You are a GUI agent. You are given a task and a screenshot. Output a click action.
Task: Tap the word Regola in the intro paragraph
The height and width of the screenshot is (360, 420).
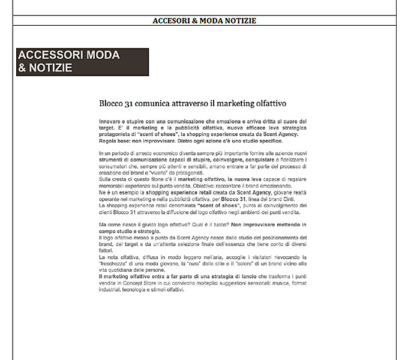(109, 142)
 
